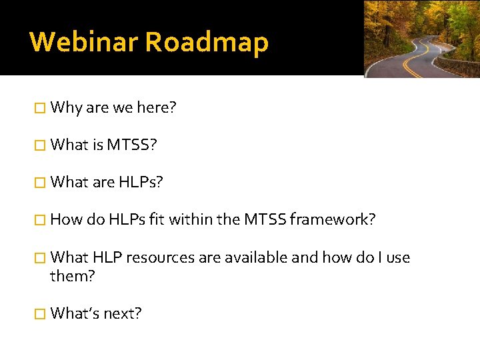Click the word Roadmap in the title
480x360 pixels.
coord(207,42)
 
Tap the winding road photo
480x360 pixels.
coord(421,39)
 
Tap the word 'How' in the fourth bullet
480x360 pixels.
coord(65,219)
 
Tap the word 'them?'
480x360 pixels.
coord(73,275)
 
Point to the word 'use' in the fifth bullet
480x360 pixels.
coord(397,257)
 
